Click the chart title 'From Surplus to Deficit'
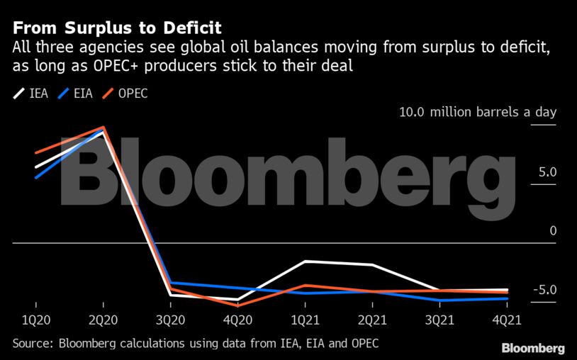117,28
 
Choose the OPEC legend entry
126,94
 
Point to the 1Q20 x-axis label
36,320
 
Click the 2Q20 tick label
103,320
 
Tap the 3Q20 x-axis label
171,320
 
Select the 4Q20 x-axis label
238,320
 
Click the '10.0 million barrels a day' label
478,113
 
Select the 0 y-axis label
553,231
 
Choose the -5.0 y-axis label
545,290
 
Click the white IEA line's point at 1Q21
306,261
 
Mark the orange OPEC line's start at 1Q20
36,153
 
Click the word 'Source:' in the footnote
33,344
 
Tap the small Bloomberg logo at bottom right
533,348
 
